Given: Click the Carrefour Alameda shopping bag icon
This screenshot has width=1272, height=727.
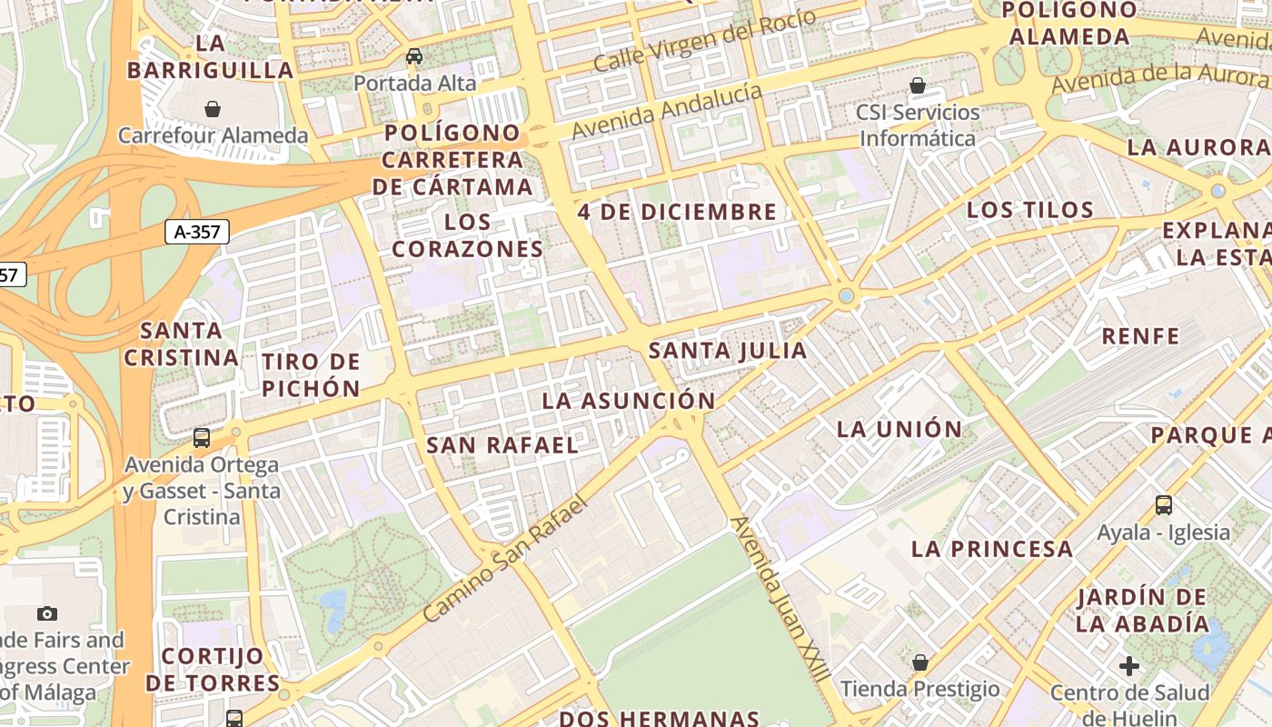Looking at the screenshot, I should click(213, 109).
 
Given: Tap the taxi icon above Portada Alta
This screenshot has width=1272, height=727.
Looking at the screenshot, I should click(414, 56).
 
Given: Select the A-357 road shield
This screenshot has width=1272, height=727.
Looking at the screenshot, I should click(197, 232).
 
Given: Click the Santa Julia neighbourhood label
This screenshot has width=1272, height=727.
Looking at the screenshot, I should click(728, 351).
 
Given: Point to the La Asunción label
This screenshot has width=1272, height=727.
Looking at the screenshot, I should click(629, 401).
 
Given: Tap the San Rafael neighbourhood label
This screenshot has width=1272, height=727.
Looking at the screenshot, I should click(502, 445).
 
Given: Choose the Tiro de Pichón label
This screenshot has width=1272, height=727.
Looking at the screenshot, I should click(312, 375).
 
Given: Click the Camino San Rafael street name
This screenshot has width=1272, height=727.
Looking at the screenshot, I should click(506, 557).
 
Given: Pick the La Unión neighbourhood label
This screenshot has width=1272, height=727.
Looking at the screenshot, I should click(899, 430).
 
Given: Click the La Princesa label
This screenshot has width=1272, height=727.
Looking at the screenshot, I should click(992, 549).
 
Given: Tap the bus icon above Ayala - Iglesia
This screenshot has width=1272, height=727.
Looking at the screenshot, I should click(1164, 504).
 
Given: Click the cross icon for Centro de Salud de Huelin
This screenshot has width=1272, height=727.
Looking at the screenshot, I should click(1129, 666).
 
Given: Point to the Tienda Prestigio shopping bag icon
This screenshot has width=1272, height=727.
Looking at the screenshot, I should click(920, 662).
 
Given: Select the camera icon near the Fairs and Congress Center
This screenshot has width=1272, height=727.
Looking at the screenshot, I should click(47, 613).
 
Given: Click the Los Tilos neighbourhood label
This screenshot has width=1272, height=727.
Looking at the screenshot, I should click(1029, 210).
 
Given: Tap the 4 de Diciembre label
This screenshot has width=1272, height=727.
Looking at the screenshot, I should click(677, 213).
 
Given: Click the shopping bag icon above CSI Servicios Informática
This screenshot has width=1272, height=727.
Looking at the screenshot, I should click(918, 85).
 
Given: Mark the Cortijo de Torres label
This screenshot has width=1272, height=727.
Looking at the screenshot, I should click(213, 669).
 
